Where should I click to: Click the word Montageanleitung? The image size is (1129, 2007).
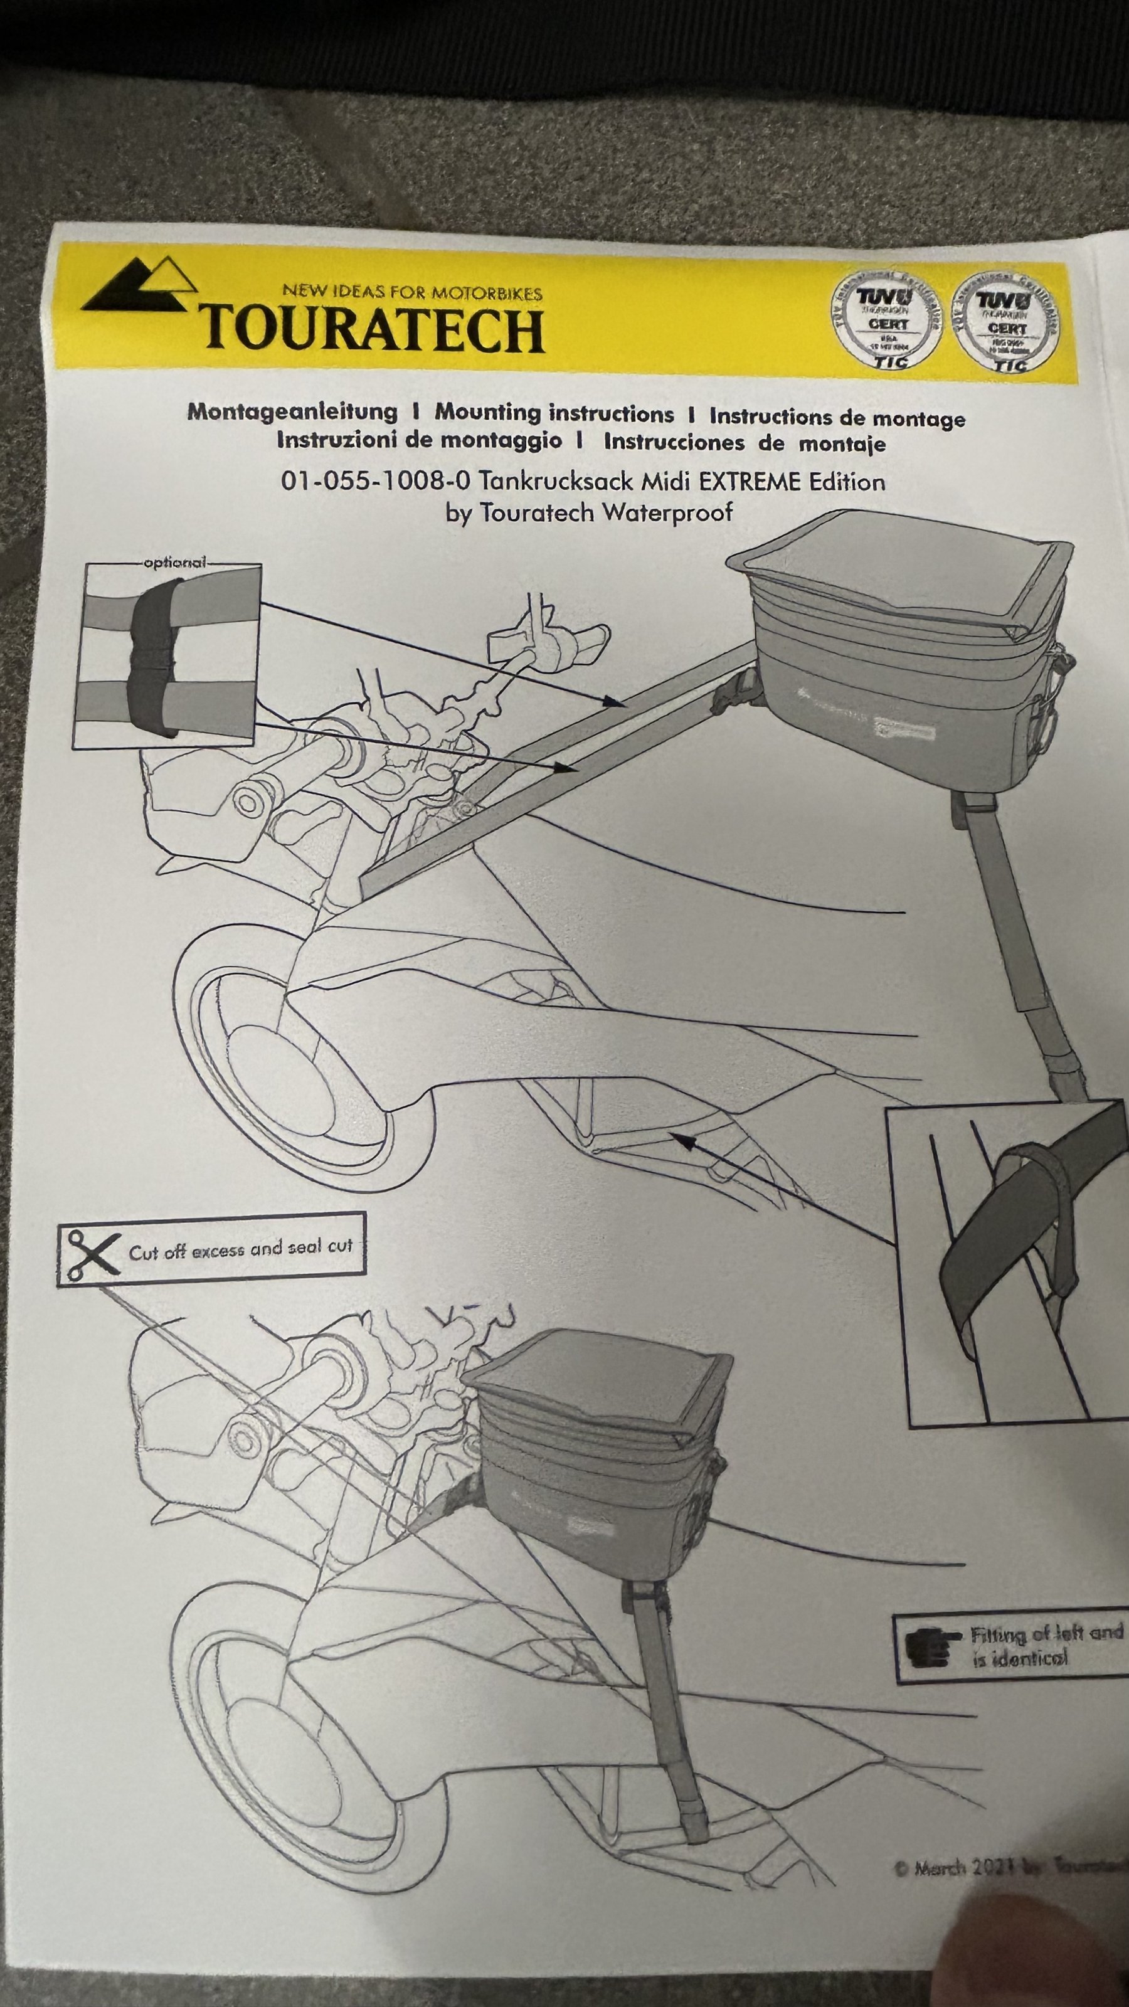point(292,411)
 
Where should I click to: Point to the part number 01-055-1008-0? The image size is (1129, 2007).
point(376,480)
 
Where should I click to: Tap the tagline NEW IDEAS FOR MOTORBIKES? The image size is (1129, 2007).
point(412,293)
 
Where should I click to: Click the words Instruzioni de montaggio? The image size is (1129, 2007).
point(418,440)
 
